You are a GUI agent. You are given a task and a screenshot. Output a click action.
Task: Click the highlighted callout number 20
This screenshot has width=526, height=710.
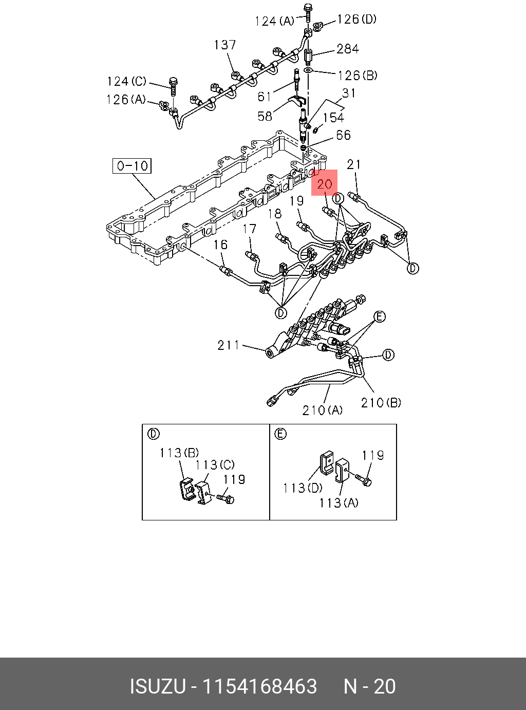coord(325,183)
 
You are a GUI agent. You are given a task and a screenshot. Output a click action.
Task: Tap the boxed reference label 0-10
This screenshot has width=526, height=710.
coord(132,166)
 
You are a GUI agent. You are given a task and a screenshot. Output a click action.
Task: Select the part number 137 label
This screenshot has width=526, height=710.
coord(225,45)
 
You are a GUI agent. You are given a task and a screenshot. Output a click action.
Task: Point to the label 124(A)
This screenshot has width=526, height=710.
coord(275,21)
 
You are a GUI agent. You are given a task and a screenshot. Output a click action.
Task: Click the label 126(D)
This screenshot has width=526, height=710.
coord(356,20)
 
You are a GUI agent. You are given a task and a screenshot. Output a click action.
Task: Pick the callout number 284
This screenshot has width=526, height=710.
coord(348,49)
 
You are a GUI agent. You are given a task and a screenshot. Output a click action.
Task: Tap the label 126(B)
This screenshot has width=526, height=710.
coord(358,76)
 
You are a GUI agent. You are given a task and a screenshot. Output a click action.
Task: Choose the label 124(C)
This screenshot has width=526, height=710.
coord(126,82)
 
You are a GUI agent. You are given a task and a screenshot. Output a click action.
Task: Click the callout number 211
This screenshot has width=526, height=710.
coord(228,345)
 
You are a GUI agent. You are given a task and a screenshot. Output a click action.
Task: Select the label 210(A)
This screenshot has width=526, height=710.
coord(322,410)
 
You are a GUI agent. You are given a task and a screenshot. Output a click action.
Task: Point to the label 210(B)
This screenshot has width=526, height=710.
coord(381,403)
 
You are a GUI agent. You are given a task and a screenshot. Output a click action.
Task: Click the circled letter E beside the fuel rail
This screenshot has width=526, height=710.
coord(379,316)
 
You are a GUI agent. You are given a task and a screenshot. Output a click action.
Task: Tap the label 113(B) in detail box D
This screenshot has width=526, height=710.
coord(179,453)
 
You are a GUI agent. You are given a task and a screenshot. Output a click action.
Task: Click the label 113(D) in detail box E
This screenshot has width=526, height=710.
coord(303,488)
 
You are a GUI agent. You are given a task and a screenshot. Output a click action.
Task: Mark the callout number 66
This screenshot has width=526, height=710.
coord(343,135)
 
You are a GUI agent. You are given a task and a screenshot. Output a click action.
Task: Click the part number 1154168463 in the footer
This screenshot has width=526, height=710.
coord(259,686)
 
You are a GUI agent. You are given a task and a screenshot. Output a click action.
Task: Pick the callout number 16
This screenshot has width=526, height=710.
coord(220,245)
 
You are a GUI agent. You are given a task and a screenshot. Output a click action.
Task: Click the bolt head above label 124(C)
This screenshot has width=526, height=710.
coord(173,81)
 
